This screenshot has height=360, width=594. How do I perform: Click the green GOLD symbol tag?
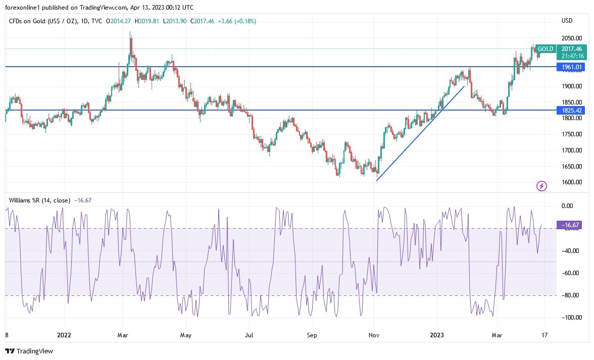click(x=546, y=49)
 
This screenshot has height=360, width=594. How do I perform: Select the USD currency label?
click(x=567, y=21)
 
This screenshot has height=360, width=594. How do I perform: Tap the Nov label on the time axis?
click(x=374, y=334)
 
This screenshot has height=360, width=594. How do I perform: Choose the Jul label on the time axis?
click(x=249, y=334)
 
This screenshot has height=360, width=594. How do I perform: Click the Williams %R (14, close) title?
click(x=39, y=200)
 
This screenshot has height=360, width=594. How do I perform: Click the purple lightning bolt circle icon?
click(x=542, y=186)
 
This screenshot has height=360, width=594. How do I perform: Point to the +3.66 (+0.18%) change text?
click(x=237, y=21)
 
